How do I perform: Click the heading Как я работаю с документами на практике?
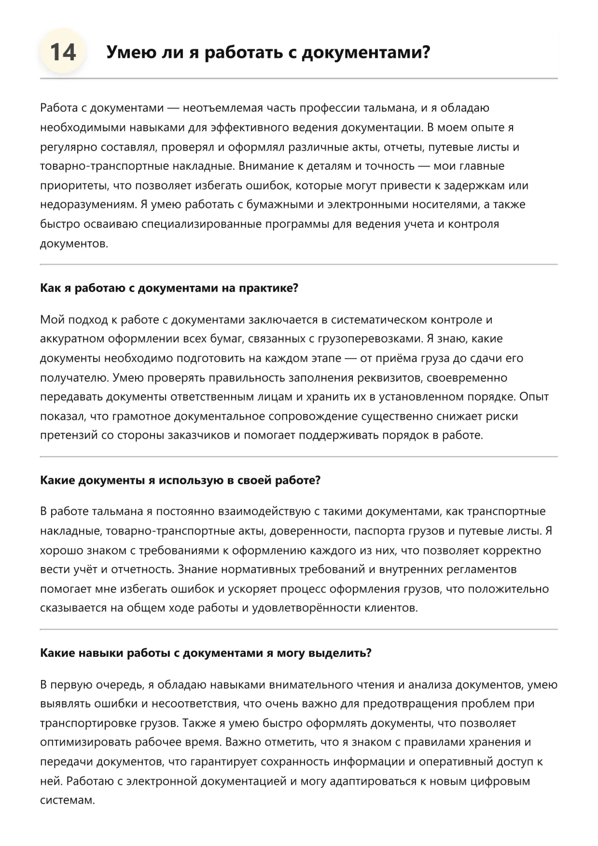point(169,288)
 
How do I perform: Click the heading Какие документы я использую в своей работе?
point(180,481)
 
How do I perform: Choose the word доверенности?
point(309,531)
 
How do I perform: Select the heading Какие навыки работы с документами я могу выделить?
point(206,653)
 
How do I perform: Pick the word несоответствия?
point(193,704)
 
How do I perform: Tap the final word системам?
point(67,800)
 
